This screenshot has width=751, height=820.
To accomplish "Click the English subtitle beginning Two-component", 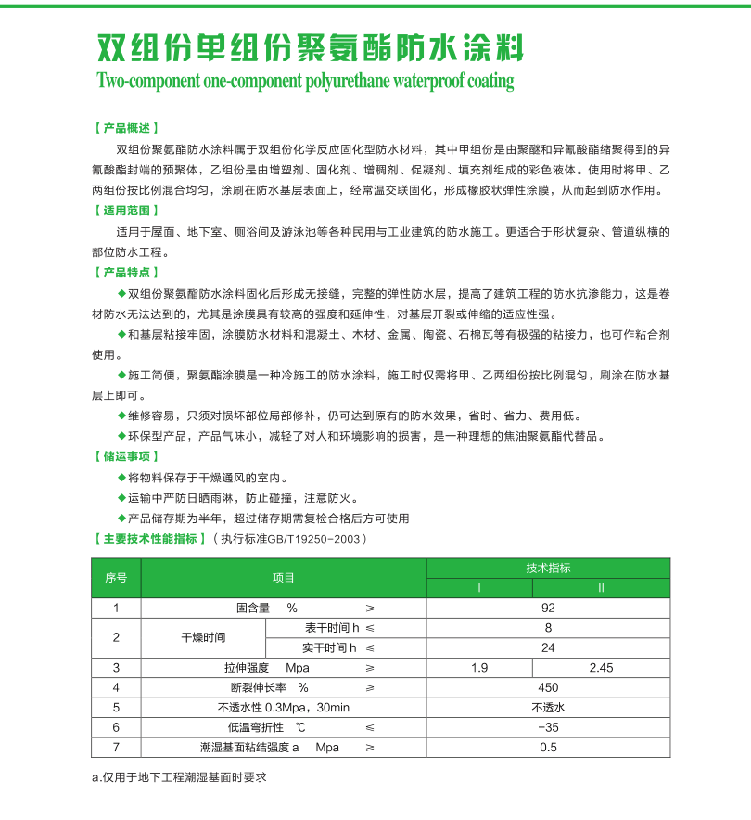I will (x=305, y=81).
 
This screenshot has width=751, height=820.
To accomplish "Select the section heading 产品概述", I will (x=127, y=128).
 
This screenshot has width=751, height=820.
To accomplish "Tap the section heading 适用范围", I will (x=127, y=211).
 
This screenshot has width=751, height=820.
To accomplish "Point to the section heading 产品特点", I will (x=127, y=273).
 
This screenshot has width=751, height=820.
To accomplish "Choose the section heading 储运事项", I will (x=127, y=456).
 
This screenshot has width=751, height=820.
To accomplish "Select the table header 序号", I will (x=116, y=578).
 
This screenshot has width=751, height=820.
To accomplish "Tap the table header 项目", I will (x=283, y=578).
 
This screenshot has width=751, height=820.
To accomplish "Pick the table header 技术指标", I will (x=548, y=569).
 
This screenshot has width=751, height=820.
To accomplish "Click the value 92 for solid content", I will (x=548, y=609).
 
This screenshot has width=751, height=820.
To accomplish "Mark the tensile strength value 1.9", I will (x=479, y=668).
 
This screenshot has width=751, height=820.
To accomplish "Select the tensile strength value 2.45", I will (x=602, y=668).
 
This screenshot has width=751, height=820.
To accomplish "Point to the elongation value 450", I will (x=548, y=688).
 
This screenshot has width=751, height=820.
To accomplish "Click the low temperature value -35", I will (x=548, y=727).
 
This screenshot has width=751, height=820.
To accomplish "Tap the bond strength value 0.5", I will (x=548, y=748).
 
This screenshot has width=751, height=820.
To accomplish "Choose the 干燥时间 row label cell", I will (x=203, y=638).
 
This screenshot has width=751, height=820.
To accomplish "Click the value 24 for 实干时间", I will (x=548, y=647).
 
